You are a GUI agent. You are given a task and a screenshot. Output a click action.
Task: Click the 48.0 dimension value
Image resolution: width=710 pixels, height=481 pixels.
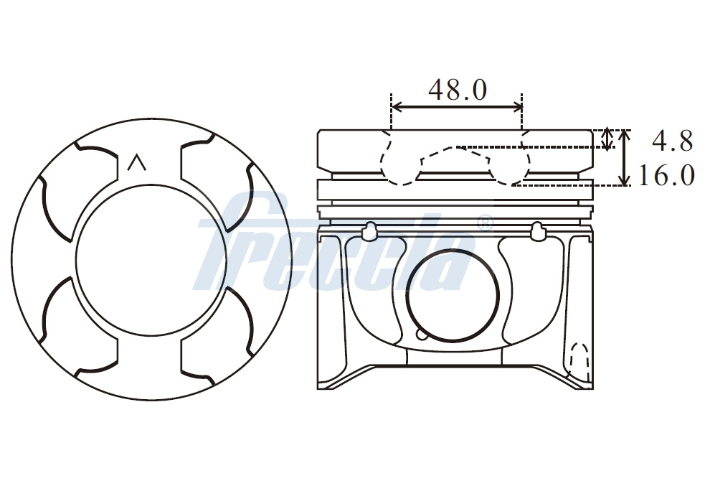(x=458, y=90)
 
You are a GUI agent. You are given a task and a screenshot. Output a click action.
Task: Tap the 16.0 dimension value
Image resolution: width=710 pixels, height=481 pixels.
(x=666, y=175)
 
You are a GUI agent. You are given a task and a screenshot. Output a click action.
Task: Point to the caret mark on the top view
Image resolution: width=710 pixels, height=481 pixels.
(x=136, y=163)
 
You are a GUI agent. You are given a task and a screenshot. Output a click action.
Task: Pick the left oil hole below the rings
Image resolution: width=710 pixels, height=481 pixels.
(x=369, y=231)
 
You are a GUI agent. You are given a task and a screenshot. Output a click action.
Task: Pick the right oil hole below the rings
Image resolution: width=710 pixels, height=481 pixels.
(x=538, y=231)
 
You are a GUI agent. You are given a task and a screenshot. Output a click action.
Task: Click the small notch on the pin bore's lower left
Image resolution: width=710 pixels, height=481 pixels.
(x=420, y=335)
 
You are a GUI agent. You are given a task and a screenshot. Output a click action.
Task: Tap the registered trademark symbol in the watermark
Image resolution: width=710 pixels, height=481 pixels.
(x=485, y=222)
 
